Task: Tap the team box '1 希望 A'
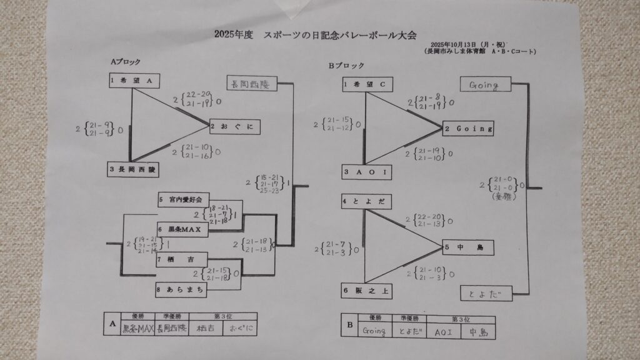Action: tap(132, 81)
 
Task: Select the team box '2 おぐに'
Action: tap(234, 126)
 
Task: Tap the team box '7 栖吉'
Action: tap(181, 259)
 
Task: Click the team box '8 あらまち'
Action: tap(181, 289)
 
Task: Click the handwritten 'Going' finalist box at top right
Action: tap(485, 83)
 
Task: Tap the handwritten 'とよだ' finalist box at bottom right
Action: tap(486, 292)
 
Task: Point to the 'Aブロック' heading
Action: tap(125, 62)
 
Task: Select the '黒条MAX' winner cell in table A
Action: tap(137, 328)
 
